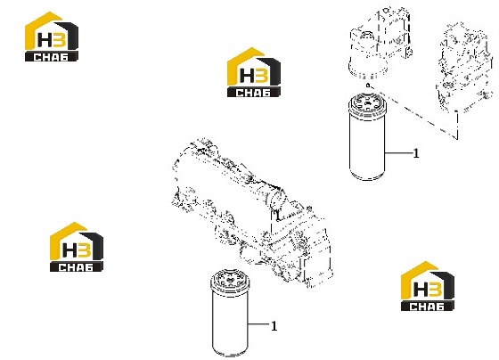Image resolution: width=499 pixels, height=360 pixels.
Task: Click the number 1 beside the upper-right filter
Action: click(416, 153)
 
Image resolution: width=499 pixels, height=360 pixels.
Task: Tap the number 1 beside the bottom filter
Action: click(274, 326)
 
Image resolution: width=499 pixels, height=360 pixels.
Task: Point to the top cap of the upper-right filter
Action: click(367, 102)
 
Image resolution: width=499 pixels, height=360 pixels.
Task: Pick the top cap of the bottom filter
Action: click(230, 279)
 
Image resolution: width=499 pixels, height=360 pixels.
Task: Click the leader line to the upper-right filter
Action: click(399, 153)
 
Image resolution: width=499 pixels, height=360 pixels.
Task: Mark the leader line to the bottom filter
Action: click(258, 324)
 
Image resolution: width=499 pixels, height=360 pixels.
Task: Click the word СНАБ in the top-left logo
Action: click(51, 57)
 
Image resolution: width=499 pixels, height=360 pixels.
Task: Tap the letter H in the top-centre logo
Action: click(246, 77)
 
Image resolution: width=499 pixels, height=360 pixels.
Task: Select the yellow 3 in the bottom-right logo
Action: click(435, 290)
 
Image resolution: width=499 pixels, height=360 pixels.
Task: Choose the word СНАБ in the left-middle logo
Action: click(76, 267)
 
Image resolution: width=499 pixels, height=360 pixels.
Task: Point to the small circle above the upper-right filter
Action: click(368, 85)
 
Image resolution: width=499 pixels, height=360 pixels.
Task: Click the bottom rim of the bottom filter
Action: click(230, 352)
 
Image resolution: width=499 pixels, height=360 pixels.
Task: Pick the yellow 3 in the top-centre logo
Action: click(262, 77)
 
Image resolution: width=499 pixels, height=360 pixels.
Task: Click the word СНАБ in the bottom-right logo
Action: click(427, 307)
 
